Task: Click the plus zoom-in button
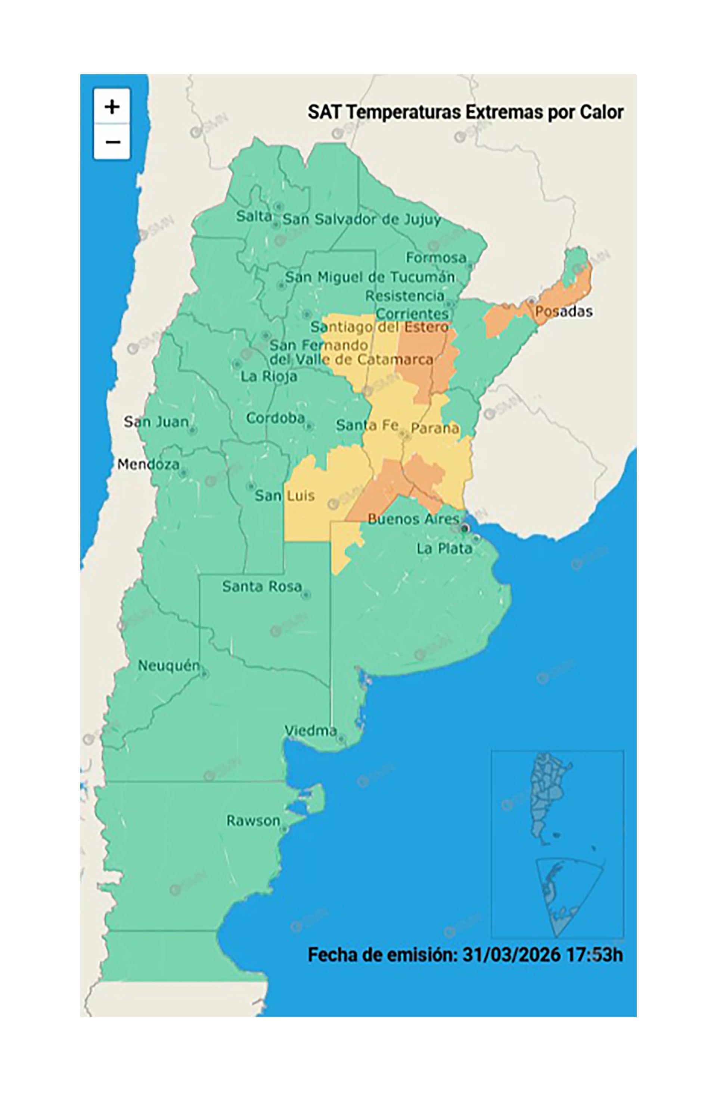click(x=112, y=107)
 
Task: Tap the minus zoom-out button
click(x=112, y=142)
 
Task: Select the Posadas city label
click(x=563, y=311)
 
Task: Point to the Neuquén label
click(x=169, y=665)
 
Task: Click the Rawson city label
click(x=253, y=821)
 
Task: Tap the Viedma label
click(x=310, y=731)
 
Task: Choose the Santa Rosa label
click(x=261, y=586)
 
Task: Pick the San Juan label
click(x=156, y=422)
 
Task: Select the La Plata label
click(x=444, y=549)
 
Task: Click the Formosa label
click(x=436, y=257)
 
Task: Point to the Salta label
click(x=254, y=216)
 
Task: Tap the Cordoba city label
click(x=275, y=418)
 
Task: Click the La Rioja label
click(x=269, y=376)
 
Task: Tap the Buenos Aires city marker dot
click(x=465, y=528)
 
